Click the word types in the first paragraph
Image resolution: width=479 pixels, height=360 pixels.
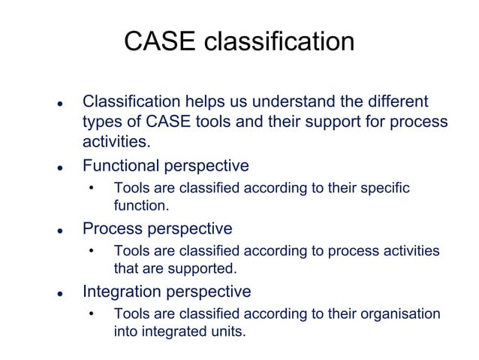pyautogui.click(x=104, y=123)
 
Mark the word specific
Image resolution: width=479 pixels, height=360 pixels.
pyautogui.click(x=383, y=188)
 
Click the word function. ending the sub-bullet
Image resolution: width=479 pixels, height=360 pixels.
pyautogui.click(x=141, y=204)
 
